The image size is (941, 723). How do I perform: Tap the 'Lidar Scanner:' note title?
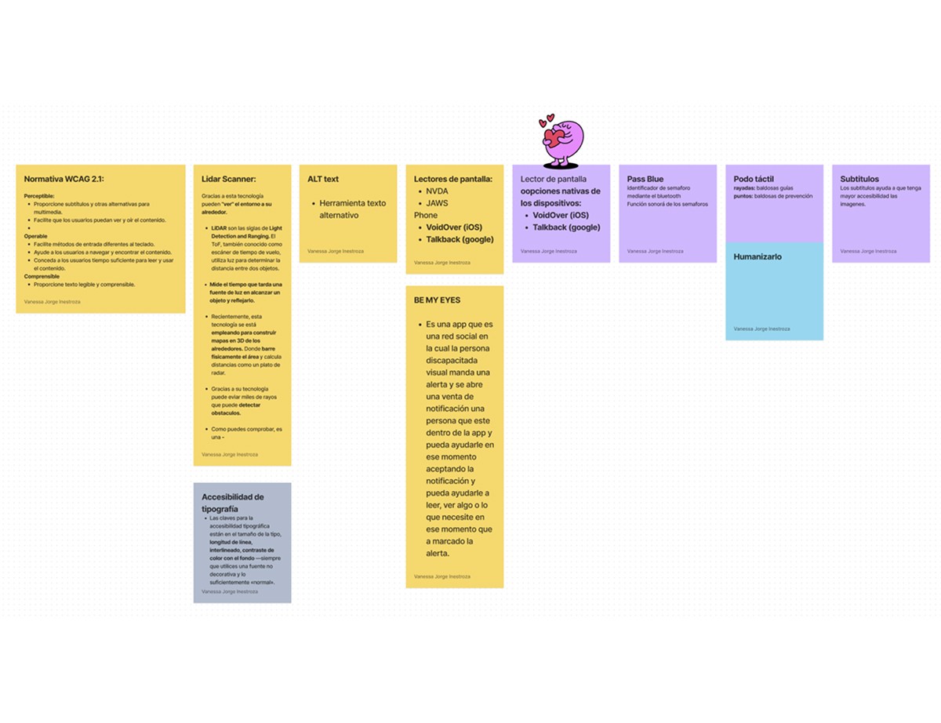pos(228,180)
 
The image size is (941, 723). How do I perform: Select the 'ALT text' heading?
pos(323,180)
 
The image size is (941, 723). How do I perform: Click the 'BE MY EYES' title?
pos(437,300)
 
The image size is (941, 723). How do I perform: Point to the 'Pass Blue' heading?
pos(645,180)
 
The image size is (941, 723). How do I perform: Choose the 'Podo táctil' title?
pos(753,180)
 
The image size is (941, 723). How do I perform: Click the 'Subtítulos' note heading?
pos(859,180)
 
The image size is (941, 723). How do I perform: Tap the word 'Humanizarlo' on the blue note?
pos(758,257)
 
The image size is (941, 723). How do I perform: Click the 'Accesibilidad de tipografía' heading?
pos(232,503)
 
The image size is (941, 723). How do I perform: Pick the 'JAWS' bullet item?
pos(438,203)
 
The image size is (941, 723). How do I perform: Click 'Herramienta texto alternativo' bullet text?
pos(352,209)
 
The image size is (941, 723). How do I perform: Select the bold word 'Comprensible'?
pos(42,276)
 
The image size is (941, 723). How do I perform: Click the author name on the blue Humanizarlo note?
pos(761,329)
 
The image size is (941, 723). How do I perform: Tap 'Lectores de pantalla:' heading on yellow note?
pos(453,180)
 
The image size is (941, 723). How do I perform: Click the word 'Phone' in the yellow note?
pos(426,215)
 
